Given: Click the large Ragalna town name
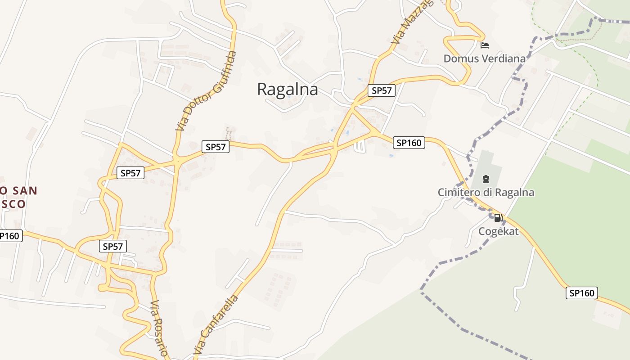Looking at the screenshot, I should click(x=287, y=89).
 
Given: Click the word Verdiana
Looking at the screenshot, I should click(x=504, y=58).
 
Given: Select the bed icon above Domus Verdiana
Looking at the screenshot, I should click(x=485, y=45).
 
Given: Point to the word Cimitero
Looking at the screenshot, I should click(x=459, y=193).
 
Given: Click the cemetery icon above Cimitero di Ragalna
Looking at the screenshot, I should click(x=486, y=179).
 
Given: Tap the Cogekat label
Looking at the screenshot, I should click(x=498, y=231).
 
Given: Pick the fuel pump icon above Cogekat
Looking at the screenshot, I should click(x=498, y=218).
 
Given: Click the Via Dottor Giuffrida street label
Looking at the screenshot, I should click(x=206, y=91).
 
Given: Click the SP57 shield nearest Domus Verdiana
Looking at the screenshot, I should click(x=381, y=90).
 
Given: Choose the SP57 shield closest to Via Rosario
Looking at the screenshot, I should click(x=112, y=246).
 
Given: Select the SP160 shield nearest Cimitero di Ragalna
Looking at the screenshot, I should click(x=409, y=143).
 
